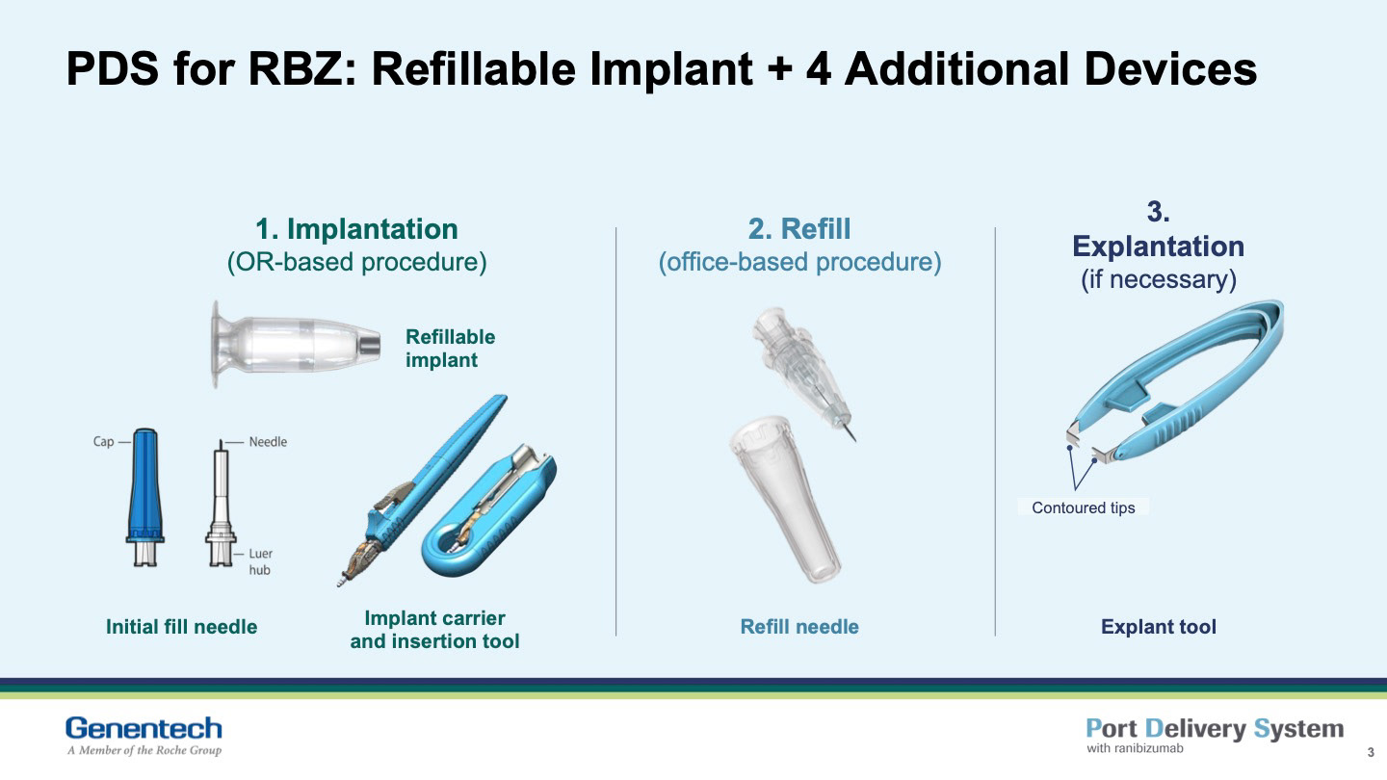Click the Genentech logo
click(x=144, y=736)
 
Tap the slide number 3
click(x=1371, y=753)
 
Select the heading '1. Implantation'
click(x=356, y=229)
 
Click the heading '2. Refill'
click(x=799, y=229)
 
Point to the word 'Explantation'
click(x=1158, y=247)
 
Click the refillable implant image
click(x=296, y=344)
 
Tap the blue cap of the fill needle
click(x=145, y=497)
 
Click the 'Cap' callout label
click(x=103, y=442)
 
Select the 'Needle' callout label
click(x=268, y=442)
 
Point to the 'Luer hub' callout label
click(x=261, y=561)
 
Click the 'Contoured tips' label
click(x=1084, y=507)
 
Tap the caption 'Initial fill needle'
click(x=181, y=627)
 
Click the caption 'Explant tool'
click(x=1159, y=627)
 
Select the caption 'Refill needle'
click(x=799, y=627)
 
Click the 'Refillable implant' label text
click(x=450, y=349)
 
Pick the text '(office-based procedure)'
click(x=799, y=262)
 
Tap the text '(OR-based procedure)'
click(x=356, y=262)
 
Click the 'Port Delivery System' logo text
click(x=1215, y=729)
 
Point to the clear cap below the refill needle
click(x=786, y=499)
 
